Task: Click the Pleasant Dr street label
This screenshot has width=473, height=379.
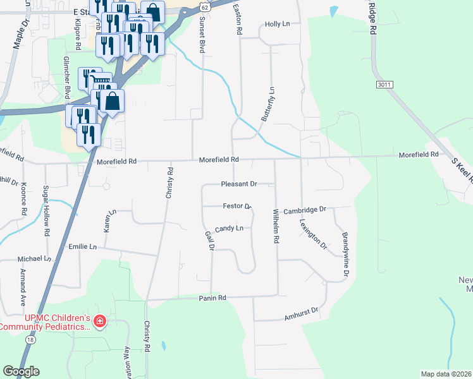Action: click(238, 184)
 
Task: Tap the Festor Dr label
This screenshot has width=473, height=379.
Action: click(237, 206)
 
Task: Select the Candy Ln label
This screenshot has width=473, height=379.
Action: click(229, 228)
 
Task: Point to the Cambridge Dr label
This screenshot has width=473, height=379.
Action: click(304, 210)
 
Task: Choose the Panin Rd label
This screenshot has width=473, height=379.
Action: click(212, 298)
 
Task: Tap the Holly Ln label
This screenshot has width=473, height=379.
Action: click(277, 24)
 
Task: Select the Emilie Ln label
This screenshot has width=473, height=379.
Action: click(83, 246)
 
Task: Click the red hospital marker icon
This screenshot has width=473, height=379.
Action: click(99, 322)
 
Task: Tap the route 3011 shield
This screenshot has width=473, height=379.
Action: click(383, 84)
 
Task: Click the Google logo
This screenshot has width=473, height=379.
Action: click(21, 371)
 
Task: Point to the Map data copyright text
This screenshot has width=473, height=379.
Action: click(446, 374)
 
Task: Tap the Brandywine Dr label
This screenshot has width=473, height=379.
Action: click(345, 255)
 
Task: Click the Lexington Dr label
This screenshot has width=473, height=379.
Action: click(313, 234)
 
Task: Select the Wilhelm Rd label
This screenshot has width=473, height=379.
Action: click(276, 227)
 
